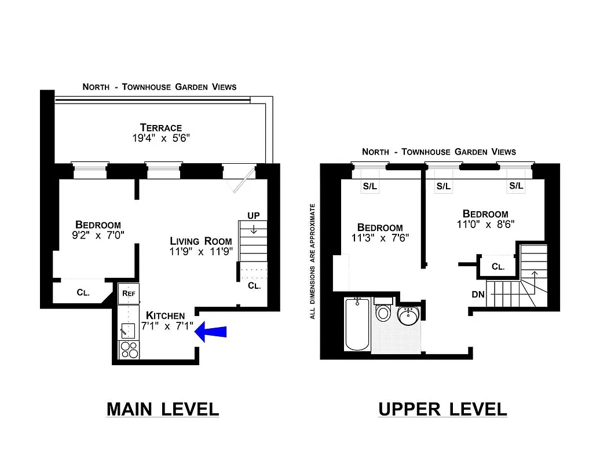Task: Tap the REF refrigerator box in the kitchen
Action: click(x=129, y=293)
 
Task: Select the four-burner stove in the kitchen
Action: click(x=129, y=350)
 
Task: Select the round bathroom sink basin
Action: click(x=409, y=317)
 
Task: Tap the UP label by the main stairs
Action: click(x=254, y=215)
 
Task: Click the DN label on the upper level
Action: click(x=478, y=295)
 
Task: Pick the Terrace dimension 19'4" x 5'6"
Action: click(x=160, y=139)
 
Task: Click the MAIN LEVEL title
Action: click(x=163, y=409)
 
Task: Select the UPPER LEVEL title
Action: click(x=442, y=409)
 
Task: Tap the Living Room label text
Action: click(x=200, y=241)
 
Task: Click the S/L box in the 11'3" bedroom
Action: click(x=369, y=186)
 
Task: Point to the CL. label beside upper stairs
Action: click(x=498, y=267)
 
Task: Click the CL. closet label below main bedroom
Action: click(x=83, y=292)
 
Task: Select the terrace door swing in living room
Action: click(x=240, y=179)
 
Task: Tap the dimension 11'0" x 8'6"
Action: click(x=485, y=225)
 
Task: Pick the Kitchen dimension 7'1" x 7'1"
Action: click(x=166, y=326)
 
